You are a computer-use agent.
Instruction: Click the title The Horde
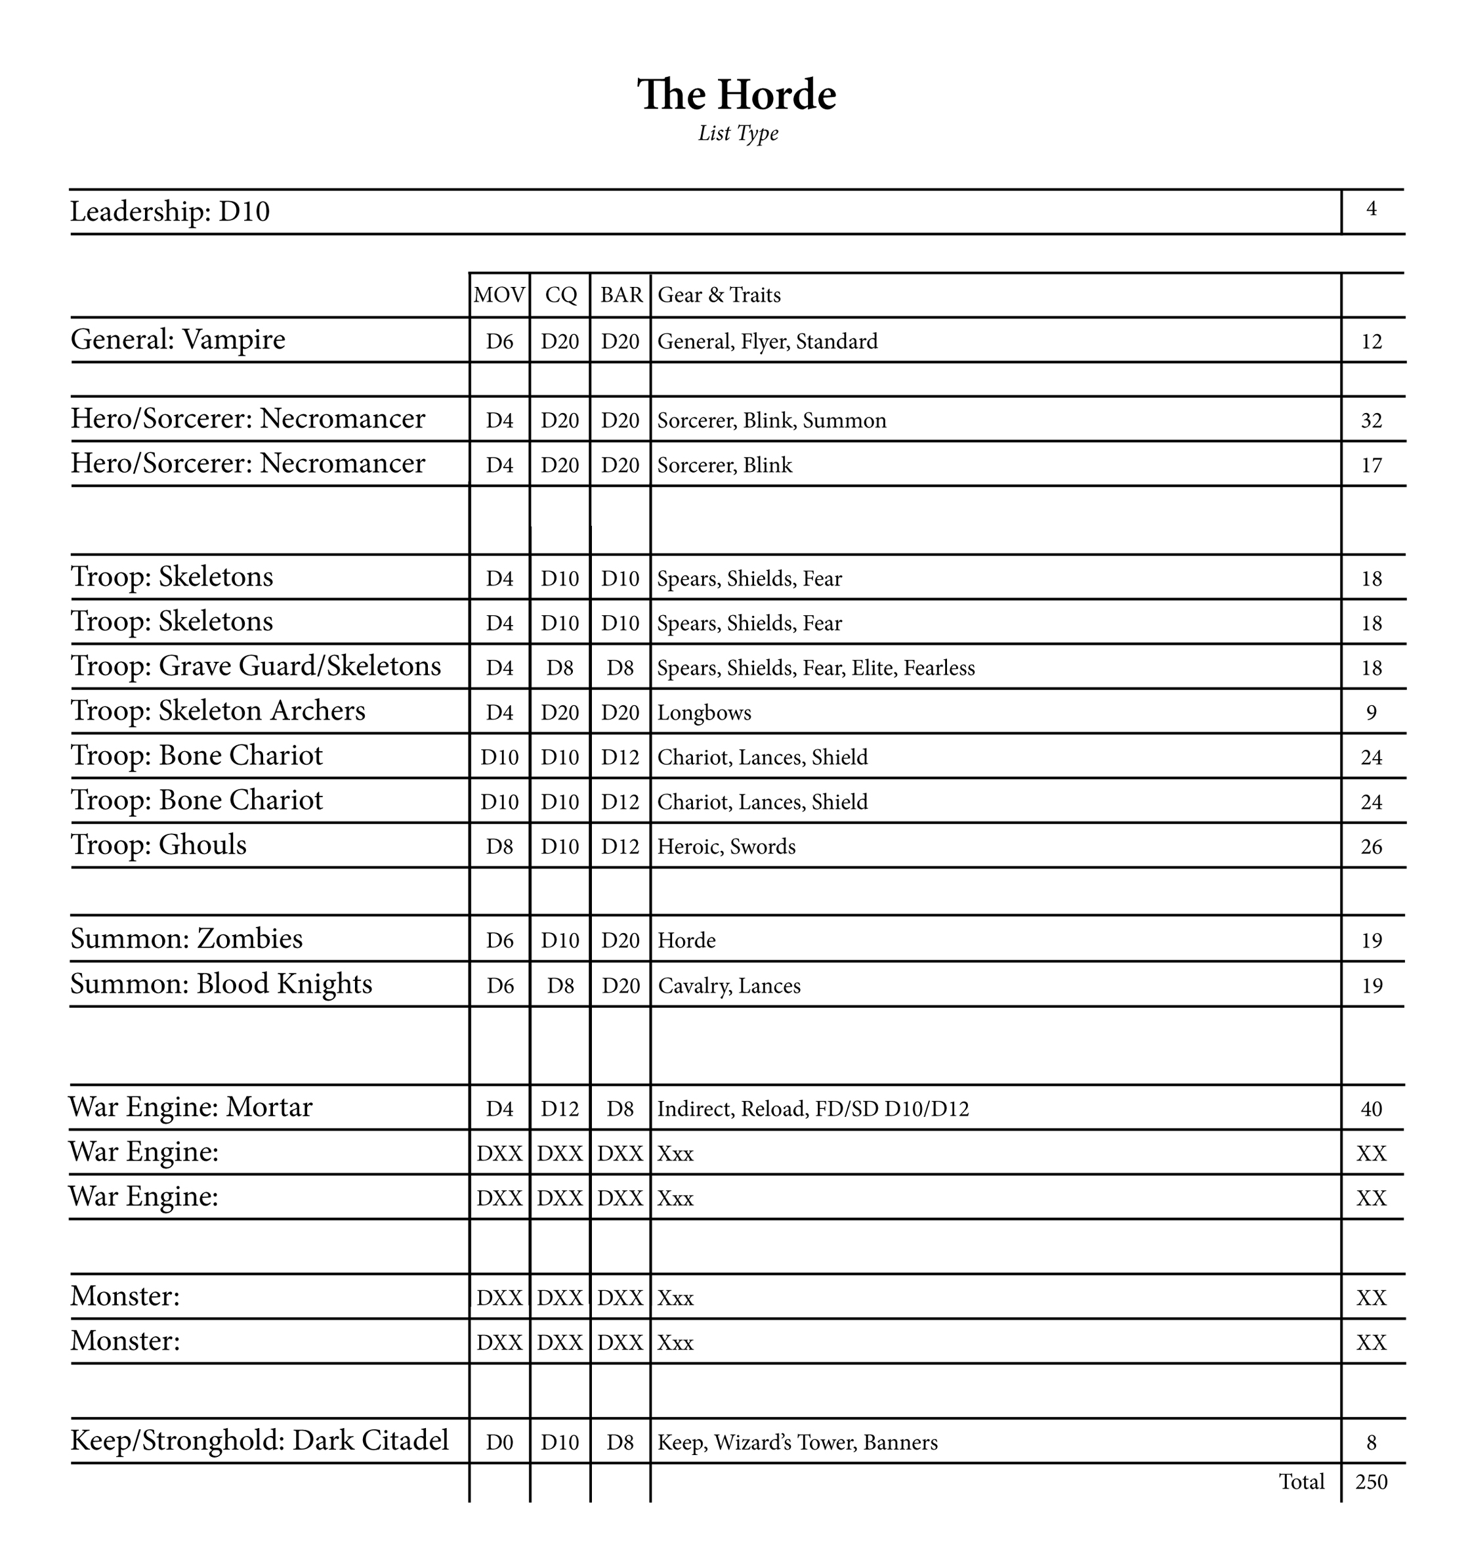(736, 95)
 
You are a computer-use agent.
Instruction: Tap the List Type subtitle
(738, 133)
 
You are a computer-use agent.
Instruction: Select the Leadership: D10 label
(170, 212)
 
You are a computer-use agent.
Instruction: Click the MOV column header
(499, 295)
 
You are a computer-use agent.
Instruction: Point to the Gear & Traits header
(719, 295)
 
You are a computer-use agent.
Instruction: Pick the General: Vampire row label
(179, 340)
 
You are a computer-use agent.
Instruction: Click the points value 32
(1371, 421)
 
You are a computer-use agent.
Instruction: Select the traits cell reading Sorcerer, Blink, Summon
(771, 421)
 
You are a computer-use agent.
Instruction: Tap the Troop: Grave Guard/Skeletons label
(256, 666)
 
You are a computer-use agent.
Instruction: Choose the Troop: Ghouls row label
(159, 846)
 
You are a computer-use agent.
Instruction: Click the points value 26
(1371, 847)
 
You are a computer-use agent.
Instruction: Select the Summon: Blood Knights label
(222, 984)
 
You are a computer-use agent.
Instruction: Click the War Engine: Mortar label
(191, 1108)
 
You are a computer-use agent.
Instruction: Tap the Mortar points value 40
(1371, 1110)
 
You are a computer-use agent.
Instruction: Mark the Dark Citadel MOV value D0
(499, 1443)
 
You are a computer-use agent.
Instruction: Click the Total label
(1301, 1482)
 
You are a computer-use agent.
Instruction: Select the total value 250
(1371, 1482)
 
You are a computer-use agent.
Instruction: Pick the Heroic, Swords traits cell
(726, 847)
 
